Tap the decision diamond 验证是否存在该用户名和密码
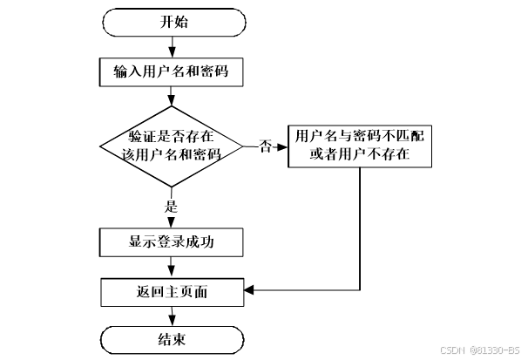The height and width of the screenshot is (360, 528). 173,146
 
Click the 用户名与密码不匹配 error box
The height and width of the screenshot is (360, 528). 359,146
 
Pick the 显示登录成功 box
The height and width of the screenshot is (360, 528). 173,242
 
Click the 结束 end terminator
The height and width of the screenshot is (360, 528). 173,339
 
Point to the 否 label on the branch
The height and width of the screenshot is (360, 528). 265,146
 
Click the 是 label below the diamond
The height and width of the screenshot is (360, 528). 172,207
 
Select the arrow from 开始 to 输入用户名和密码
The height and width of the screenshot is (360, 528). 173,46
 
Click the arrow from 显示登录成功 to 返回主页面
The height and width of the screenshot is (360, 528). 173,267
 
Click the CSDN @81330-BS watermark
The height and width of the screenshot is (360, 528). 480,350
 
